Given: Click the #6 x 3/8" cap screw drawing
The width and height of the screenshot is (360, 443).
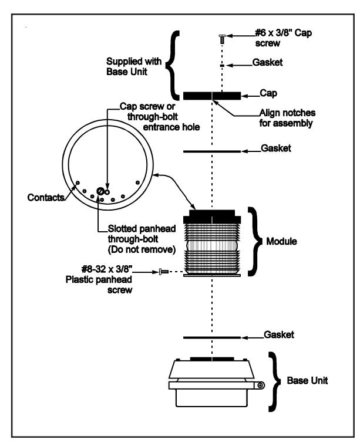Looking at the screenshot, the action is tap(222, 39).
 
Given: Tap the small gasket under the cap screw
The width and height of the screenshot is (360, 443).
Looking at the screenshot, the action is tap(222, 66).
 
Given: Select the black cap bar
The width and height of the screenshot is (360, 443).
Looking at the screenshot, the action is tap(212, 96).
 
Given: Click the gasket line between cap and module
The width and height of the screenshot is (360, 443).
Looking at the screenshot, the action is tap(212, 151).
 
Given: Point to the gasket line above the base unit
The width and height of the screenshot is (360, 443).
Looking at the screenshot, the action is tap(212, 337).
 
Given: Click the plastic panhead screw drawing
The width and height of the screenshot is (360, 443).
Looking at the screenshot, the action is tap(164, 272).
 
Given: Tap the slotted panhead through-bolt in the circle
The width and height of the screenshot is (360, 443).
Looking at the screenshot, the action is tap(100, 191).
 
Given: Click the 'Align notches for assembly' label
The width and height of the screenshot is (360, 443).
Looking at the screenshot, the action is tap(287, 118).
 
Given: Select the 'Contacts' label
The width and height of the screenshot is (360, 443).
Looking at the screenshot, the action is tap(46, 197).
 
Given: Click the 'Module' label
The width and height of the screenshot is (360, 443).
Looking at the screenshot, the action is tap(282, 241).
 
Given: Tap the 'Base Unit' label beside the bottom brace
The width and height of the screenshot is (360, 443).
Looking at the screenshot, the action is tap(307, 380).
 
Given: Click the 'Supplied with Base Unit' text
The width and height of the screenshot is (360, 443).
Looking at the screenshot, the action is tap(134, 66).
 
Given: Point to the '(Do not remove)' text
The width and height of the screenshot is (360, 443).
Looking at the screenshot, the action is tap(142, 249).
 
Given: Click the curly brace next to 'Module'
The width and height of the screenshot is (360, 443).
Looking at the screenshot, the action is tap(255, 242).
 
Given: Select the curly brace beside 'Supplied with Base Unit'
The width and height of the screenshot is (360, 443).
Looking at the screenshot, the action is tap(173, 66).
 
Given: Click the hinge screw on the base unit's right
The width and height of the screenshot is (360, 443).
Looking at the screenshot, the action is tap(260, 385).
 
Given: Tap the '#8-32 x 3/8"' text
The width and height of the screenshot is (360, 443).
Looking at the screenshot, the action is tap(107, 269).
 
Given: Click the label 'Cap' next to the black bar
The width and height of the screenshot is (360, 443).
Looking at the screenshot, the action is tap(268, 93).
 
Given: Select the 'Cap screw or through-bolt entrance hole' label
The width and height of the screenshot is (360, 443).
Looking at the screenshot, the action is tap(160, 117).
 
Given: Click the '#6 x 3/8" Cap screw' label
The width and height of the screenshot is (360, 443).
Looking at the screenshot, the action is tap(284, 38).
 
